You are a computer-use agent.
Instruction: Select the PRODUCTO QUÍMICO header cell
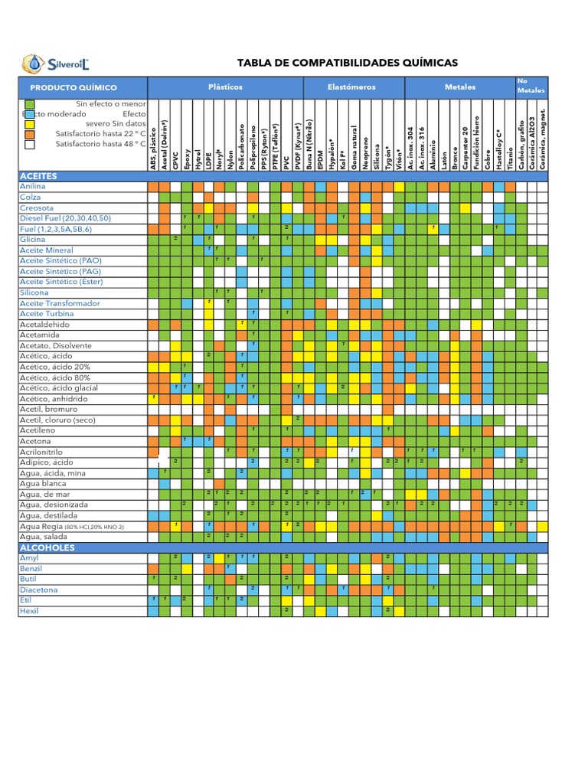click(x=73, y=87)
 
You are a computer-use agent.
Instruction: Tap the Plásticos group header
click(x=225, y=87)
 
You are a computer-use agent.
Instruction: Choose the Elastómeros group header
click(x=351, y=87)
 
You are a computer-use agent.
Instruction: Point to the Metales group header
click(x=459, y=87)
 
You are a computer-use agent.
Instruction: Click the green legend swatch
click(x=29, y=103)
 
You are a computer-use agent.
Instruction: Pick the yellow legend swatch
click(x=29, y=123)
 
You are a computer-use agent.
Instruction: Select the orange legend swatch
click(x=29, y=133)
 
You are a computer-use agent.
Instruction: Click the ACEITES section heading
click(x=38, y=176)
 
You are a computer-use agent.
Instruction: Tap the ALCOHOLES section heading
click(x=47, y=548)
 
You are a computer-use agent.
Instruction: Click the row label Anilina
click(x=32, y=186)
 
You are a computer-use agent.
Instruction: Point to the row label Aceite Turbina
click(x=47, y=314)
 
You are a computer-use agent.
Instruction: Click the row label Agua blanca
click(x=43, y=484)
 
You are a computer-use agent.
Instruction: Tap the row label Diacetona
click(x=38, y=590)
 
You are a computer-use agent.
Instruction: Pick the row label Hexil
click(x=28, y=611)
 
